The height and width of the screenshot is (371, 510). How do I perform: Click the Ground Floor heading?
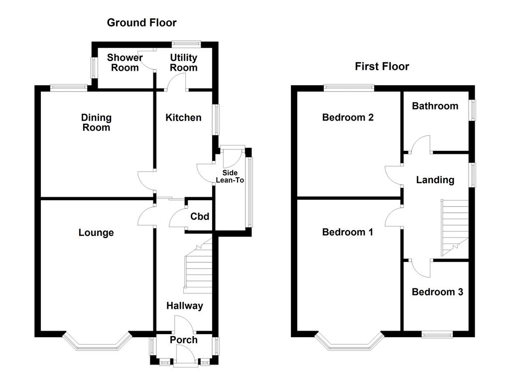coord(141,23)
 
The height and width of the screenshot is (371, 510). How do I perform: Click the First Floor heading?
coord(382,66)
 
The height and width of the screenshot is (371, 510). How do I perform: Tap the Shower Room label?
coord(125,62)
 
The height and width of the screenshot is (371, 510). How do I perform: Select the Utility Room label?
coord(184,62)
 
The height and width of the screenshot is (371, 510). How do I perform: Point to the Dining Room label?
coord(96,123)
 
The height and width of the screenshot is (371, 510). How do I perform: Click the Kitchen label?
coord(183,118)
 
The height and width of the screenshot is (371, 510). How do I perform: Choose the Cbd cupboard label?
coord(200,216)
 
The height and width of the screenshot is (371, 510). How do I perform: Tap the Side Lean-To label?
coord(230,176)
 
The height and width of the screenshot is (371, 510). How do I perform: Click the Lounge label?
coord(96,233)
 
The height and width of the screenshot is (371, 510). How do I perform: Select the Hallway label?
coord(185,306)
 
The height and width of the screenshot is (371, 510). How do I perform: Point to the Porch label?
coord(184,340)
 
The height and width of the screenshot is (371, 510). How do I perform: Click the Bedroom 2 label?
coord(348,117)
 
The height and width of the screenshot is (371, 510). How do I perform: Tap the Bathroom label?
coord(435,106)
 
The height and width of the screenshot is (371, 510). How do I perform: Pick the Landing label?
coord(435,180)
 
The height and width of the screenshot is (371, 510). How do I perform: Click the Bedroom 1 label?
coord(347,232)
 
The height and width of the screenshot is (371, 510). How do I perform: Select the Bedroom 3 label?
coord(437,292)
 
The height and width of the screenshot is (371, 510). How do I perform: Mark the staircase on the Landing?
coord(455,228)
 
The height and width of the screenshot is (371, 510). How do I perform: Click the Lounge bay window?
coord(97,342)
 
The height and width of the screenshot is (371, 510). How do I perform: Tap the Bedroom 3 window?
coord(437,334)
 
